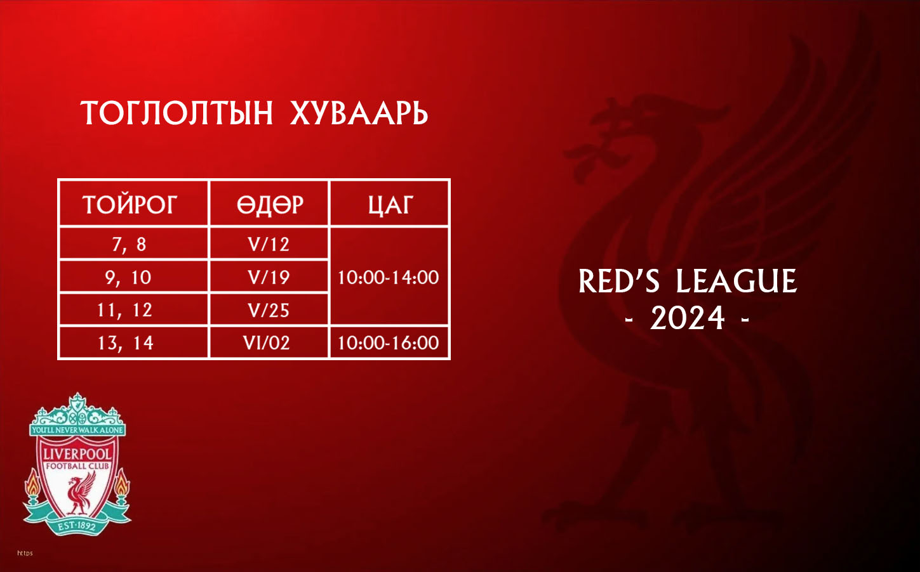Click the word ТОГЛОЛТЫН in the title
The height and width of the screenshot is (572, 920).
[177, 113]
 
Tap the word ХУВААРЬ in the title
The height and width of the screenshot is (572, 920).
[359, 113]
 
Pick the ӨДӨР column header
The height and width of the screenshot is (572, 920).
[270, 204]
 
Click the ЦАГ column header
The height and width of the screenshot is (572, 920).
[390, 204]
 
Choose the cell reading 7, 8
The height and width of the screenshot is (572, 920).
[129, 245]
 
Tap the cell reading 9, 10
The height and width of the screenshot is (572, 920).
[128, 278]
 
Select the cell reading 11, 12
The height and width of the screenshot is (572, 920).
[125, 310]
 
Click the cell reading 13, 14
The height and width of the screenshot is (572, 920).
[126, 343]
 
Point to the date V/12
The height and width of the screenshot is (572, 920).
[269, 245]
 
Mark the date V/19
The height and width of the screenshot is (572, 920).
[269, 278]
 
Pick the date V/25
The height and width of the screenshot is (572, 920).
[269, 311]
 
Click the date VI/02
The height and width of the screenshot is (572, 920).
[267, 343]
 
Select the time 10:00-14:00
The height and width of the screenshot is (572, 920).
[389, 278]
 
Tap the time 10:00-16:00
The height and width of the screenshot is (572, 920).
[389, 343]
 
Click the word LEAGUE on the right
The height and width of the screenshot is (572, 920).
[737, 282]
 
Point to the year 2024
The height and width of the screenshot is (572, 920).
[688, 318]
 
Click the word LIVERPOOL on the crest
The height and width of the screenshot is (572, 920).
[77, 454]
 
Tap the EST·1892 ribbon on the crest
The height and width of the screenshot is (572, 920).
[76, 526]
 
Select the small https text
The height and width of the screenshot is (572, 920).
[25, 553]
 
